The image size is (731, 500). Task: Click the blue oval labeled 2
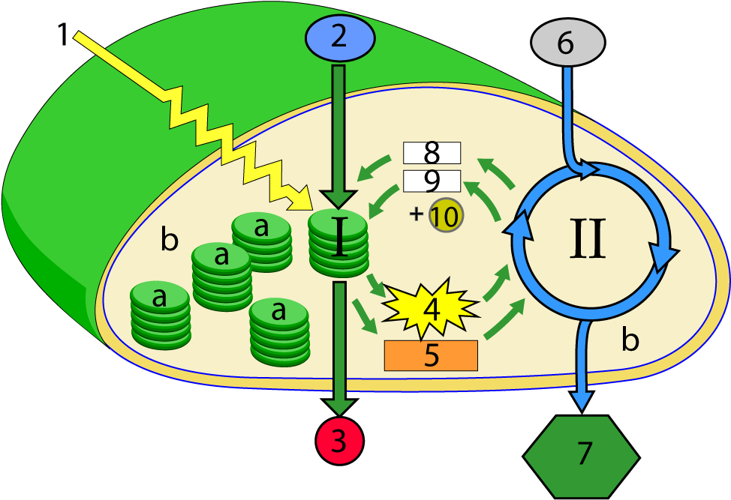coord(339,37)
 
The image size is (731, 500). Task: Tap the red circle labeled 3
coord(339,442)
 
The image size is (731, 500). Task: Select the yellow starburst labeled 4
coord(431,307)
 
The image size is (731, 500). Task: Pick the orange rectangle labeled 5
coord(431,355)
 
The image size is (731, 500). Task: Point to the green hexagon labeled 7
coord(581,454)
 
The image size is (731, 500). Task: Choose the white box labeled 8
coord(432,153)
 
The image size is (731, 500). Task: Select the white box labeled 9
coord(432,181)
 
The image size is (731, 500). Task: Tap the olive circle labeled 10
coord(446,217)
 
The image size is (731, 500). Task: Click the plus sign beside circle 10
coord(416,215)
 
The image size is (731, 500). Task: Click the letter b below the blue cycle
coord(630,340)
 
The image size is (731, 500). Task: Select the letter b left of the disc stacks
coord(170,241)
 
